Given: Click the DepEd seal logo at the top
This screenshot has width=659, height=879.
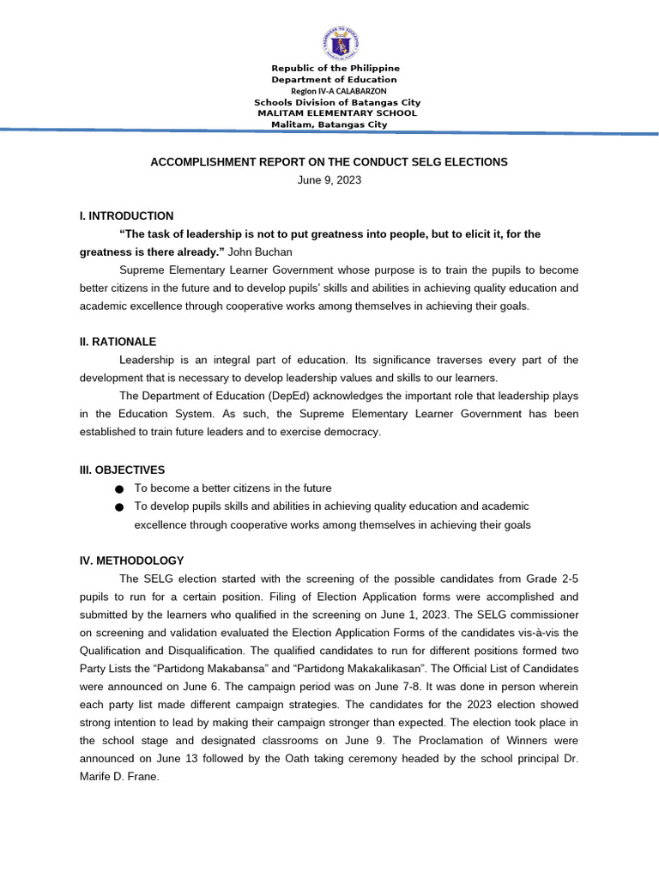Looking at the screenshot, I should pos(341,43).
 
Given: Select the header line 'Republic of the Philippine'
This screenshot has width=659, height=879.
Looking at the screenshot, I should pos(336,68).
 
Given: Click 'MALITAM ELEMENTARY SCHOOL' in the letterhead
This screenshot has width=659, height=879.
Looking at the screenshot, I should pos(337,112).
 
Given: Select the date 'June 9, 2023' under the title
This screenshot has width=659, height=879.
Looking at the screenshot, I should pos(329,180).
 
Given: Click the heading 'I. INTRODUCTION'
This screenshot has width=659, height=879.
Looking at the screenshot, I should pos(126,216).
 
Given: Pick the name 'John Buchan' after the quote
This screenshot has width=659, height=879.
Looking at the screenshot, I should pos(260,252).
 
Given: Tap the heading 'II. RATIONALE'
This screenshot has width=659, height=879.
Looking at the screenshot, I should pos(118,342).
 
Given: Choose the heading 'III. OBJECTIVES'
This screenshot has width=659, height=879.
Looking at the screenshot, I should pos(122,470).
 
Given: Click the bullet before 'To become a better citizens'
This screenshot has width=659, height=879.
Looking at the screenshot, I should pos(118,488).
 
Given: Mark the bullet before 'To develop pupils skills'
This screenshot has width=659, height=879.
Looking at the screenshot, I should pos(118,507).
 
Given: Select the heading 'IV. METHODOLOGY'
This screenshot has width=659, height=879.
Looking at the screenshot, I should pos(131,561).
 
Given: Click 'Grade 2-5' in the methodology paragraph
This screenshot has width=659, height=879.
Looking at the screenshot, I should pos(552,579).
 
